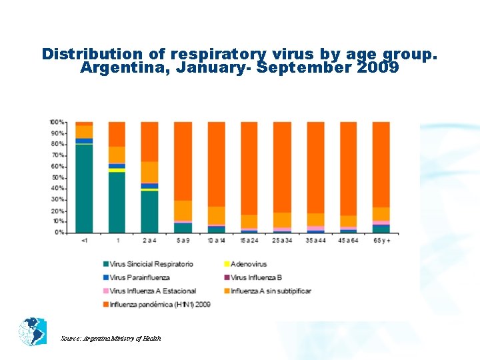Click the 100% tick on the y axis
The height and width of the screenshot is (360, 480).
(x=57, y=122)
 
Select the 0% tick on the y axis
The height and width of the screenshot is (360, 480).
(x=59, y=232)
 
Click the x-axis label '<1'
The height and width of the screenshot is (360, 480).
(x=84, y=240)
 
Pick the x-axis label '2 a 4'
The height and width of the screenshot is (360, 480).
(x=150, y=240)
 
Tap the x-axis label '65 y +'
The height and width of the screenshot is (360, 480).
(x=381, y=240)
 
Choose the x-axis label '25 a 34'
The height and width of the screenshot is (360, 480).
(x=282, y=240)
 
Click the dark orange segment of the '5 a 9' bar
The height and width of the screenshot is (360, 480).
(x=183, y=161)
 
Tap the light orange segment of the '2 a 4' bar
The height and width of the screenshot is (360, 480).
(x=150, y=172)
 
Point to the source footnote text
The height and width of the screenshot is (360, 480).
(x=111, y=339)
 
